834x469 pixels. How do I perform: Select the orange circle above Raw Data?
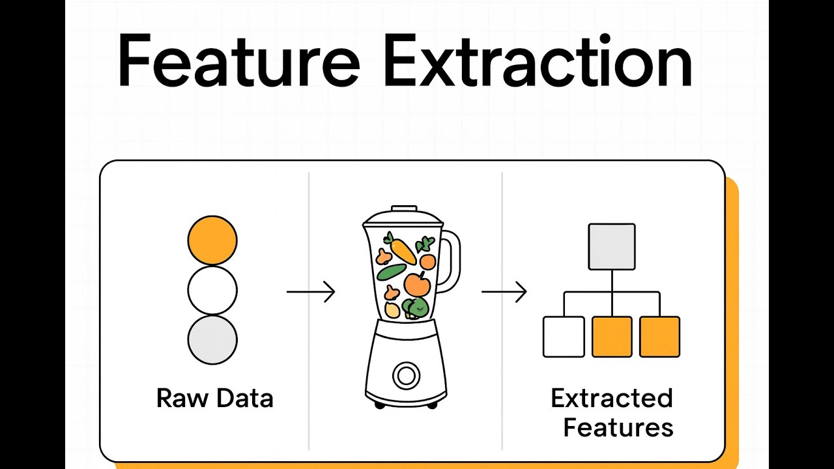pos(212,240)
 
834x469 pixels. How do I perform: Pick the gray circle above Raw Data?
pos(212,339)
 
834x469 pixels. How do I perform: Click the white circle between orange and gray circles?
pos(212,290)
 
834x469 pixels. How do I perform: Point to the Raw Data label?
pos(214,398)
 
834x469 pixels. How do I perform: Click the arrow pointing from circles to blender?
pos(311,292)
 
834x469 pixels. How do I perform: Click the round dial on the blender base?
pos(405,375)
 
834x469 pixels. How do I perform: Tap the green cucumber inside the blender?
pos(391,272)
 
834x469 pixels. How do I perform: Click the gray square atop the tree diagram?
pos(612,247)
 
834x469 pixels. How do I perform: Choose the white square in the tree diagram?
pos(564,337)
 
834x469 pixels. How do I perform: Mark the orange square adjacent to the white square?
pos(612,337)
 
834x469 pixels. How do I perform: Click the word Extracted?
pos(612,398)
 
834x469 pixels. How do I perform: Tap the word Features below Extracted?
pos(618,427)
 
